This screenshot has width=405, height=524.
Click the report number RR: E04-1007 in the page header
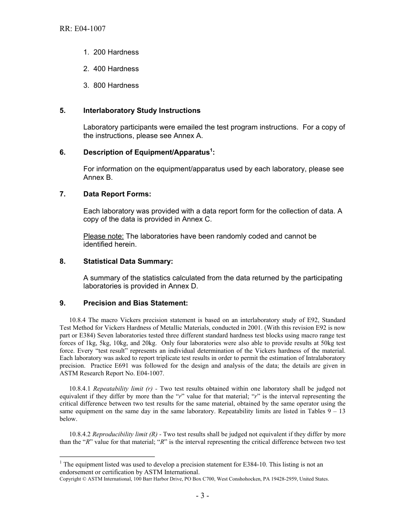pyautogui.click(x=83, y=29)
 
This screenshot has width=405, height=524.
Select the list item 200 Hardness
pyautogui.click(x=116, y=52)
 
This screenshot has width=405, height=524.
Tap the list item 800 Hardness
pyautogui.click(x=116, y=85)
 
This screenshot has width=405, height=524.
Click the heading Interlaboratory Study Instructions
pyautogui.click(x=142, y=110)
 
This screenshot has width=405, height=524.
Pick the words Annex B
pyautogui.click(x=98, y=177)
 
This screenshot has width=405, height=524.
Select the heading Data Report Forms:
pyautogui.click(x=117, y=194)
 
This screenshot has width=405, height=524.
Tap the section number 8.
pyautogui.click(x=63, y=261)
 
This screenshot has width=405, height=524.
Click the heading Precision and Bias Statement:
pyautogui.click(x=135, y=303)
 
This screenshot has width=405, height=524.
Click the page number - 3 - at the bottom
pyautogui.click(x=202, y=495)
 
